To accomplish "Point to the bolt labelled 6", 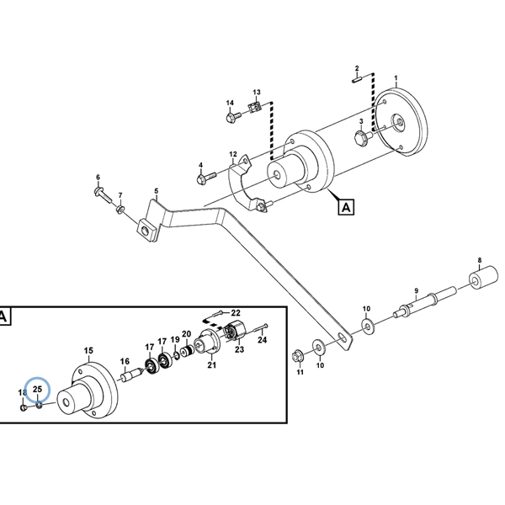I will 103,195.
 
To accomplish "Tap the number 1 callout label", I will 396,78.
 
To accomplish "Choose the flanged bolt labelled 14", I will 231,119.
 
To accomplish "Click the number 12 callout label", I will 233,154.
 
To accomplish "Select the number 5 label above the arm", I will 156,191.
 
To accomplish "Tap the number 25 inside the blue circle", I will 37,390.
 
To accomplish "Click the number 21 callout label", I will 211,364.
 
